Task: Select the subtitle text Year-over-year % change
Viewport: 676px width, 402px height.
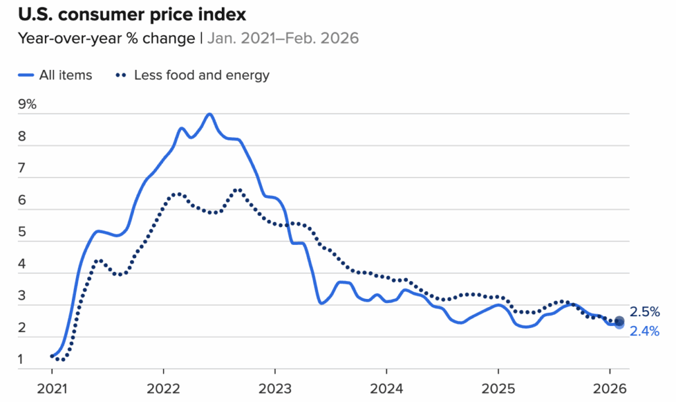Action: (106, 38)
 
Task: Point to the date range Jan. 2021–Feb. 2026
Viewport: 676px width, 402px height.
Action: (283, 38)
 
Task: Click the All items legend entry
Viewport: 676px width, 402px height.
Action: (55, 75)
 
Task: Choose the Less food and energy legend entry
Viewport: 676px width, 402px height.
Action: (193, 75)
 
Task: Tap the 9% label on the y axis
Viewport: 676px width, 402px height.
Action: (27, 104)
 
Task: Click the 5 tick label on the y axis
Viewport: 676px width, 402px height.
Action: (22, 232)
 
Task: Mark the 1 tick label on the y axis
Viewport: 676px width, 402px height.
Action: (22, 360)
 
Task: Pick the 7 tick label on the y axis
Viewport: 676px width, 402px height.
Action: (22, 168)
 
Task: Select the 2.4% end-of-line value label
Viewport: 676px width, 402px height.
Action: (644, 331)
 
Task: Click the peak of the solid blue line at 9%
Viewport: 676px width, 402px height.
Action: (209, 114)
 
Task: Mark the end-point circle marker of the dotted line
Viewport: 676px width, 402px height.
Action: (619, 321)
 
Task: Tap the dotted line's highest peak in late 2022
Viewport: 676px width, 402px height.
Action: (237, 190)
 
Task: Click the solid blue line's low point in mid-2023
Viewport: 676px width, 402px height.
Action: (321, 303)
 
